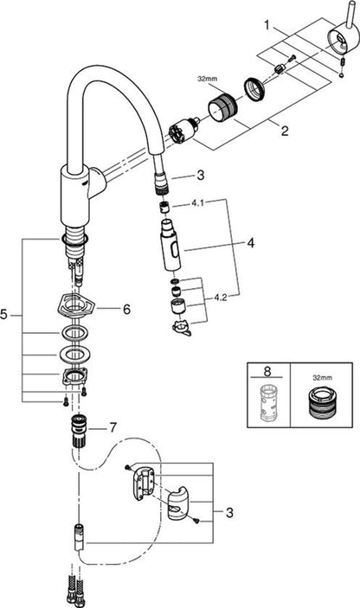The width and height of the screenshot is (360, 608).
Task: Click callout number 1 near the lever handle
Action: coord(267,25)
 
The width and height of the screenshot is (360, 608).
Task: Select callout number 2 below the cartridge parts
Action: coord(285,131)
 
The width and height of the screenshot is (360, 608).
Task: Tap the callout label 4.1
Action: coord(197,203)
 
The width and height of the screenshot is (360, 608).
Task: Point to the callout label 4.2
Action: coord(220,298)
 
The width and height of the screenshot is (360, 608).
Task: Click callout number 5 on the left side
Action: coord(4,315)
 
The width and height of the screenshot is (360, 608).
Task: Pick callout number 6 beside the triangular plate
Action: coord(126,310)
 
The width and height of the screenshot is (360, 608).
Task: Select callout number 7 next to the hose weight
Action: coord(112,428)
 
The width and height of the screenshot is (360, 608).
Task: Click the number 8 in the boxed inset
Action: coord(267,371)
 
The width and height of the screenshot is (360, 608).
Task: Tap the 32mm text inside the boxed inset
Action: coord(323,377)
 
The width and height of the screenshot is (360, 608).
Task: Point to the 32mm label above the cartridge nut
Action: coord(208,79)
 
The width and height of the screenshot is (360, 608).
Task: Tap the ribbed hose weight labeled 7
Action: coord(79,431)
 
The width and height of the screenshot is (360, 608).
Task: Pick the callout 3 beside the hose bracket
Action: coord(229,513)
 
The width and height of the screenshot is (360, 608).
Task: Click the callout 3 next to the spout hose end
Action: coord(200,176)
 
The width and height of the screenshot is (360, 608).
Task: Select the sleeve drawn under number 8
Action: coord(268,402)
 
